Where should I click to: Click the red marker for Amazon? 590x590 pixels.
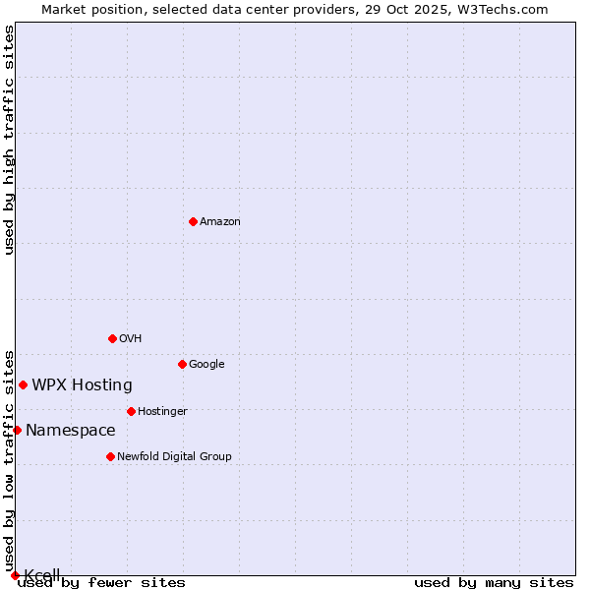[193, 221]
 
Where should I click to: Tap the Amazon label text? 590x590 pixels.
[220, 222]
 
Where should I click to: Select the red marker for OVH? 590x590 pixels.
[112, 338]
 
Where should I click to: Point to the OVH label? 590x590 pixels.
[131, 339]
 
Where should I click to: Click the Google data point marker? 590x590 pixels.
[182, 364]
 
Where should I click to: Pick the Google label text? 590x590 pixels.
[206, 365]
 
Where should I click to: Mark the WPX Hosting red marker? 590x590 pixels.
[23, 384]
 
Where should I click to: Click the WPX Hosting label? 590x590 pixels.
[82, 385]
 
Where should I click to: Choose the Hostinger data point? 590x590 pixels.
[131, 411]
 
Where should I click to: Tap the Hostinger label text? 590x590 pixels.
[162, 412]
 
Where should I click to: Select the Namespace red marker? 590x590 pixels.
[17, 430]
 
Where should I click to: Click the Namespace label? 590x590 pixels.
[70, 431]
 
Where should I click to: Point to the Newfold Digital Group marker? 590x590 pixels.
[110, 456]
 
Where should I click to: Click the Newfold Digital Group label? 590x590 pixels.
[174, 457]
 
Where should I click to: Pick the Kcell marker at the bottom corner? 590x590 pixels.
[15, 575]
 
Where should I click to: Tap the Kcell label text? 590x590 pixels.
[42, 575]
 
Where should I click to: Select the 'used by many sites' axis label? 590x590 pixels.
[494, 583]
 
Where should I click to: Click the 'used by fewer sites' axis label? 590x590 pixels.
[101, 583]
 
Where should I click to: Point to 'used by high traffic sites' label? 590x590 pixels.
[10, 140]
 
